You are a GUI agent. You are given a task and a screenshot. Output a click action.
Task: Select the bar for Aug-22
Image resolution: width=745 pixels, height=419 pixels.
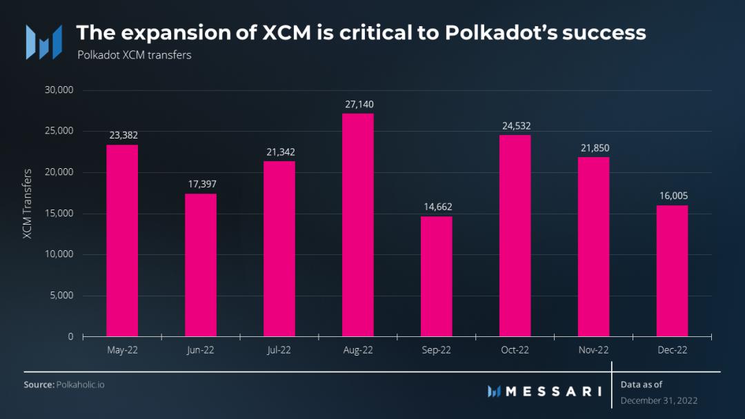pos(357,225)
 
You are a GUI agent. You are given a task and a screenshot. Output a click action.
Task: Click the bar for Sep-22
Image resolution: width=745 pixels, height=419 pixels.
pos(436,276)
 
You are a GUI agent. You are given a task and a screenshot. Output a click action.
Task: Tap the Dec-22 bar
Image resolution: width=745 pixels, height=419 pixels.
pos(672,271)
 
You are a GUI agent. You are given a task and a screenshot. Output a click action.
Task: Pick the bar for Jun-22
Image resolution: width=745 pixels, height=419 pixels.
pos(200,265)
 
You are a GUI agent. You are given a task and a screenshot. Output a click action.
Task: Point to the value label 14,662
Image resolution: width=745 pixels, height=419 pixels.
pos(436,207)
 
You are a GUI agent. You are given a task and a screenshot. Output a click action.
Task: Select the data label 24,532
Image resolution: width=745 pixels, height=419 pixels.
pos(515,126)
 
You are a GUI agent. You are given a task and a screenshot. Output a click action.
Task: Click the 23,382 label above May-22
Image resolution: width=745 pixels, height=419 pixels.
pos(122,136)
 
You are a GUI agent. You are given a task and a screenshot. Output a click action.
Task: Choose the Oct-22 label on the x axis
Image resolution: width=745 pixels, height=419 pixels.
pos(515,350)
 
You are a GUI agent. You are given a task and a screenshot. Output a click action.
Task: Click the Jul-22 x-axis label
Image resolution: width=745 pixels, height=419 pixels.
pos(279,350)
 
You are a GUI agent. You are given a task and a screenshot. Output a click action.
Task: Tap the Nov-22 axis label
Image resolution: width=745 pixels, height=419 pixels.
pos(593,350)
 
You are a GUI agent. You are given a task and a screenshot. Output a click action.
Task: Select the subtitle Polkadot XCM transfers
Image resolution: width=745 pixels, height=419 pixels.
pos(134,55)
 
